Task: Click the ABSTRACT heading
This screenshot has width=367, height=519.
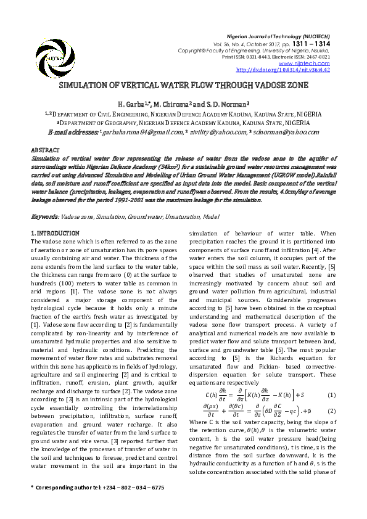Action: (x=45, y=150)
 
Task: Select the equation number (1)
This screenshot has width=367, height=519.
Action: (x=332, y=394)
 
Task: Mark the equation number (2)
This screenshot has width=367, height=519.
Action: (x=332, y=410)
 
